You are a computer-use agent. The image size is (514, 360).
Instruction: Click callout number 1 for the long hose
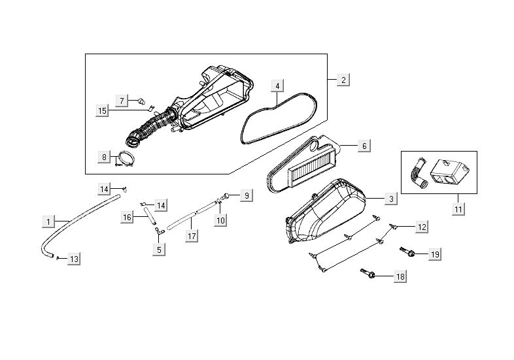coord(48,222)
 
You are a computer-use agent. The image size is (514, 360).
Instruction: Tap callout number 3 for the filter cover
coord(390,198)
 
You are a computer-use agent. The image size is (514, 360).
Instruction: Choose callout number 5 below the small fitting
coord(158,248)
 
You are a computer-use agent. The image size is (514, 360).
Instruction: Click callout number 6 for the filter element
coord(364,146)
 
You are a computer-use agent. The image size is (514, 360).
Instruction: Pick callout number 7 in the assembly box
coord(122,100)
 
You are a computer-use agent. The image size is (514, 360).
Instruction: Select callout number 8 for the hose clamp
coord(104,157)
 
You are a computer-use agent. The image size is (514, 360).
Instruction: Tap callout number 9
coord(246,195)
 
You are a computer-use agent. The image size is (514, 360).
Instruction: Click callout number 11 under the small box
coord(458,209)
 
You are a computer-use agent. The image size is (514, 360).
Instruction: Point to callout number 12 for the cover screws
coord(422,227)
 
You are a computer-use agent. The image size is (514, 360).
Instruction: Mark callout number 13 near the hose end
coord(75,259)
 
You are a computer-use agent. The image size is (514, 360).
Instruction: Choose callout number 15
coord(102,111)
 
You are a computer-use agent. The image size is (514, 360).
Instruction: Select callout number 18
coord(400,277)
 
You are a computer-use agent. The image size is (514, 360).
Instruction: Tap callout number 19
coord(435,254)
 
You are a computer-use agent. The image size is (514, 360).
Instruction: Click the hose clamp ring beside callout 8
coord(126,157)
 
